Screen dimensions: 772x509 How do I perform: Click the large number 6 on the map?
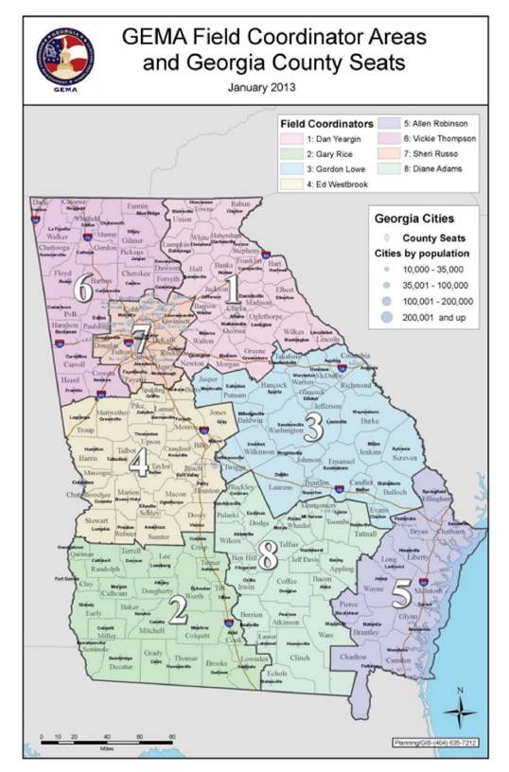[x=84, y=289]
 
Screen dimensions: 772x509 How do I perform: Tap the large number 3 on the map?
[x=313, y=427]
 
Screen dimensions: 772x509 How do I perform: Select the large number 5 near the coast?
[x=400, y=594]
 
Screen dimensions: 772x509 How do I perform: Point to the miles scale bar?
[x=95, y=738]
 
